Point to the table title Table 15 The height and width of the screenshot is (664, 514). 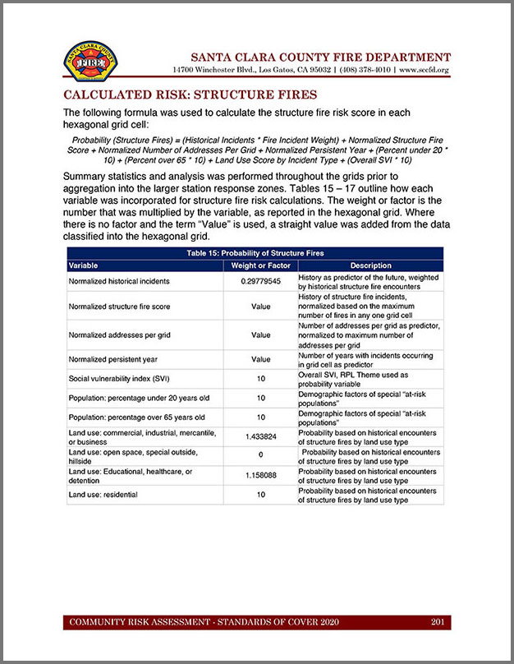click(x=255, y=254)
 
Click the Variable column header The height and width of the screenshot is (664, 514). click(x=84, y=266)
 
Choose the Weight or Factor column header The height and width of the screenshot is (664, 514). click(x=260, y=266)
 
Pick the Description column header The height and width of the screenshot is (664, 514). click(x=370, y=266)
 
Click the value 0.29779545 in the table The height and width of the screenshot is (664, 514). click(x=260, y=281)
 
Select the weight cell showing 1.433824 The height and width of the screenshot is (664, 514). click(x=260, y=437)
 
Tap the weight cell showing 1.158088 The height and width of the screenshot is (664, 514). click(x=260, y=476)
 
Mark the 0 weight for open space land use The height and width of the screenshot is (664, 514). click(x=260, y=456)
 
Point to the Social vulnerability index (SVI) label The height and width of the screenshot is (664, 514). click(x=120, y=378)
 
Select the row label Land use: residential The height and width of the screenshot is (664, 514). click(x=103, y=495)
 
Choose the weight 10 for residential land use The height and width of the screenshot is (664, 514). click(x=260, y=495)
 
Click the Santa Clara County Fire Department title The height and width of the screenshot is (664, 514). click(x=320, y=57)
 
